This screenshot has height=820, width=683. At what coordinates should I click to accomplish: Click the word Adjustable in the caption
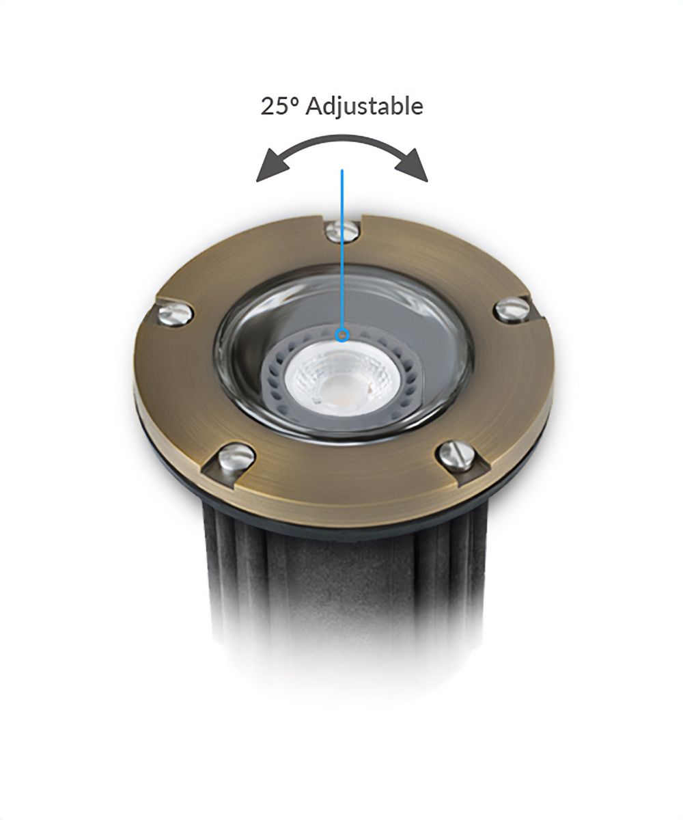click(x=364, y=106)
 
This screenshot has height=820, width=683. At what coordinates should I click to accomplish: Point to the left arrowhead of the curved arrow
click(x=271, y=167)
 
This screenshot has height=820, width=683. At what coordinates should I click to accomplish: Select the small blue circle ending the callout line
click(x=342, y=335)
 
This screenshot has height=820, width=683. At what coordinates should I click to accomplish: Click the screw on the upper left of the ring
click(x=175, y=314)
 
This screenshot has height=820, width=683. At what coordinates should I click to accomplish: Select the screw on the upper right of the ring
click(x=512, y=309)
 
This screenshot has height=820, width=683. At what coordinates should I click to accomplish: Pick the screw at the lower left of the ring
click(x=236, y=456)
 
